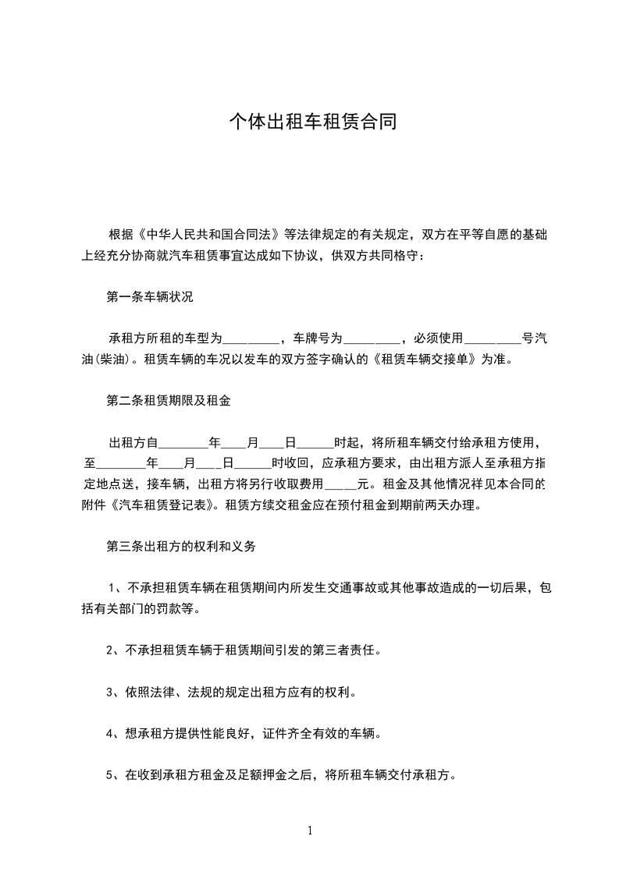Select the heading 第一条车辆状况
pyautogui.click(x=149, y=296)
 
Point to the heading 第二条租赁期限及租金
pyautogui.click(x=168, y=401)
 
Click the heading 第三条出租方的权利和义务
pyautogui.click(x=180, y=547)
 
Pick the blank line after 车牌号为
pyautogui.click(x=371, y=340)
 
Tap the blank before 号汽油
pyautogui.click(x=492, y=340)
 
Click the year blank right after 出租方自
pyautogui.click(x=183, y=444)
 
